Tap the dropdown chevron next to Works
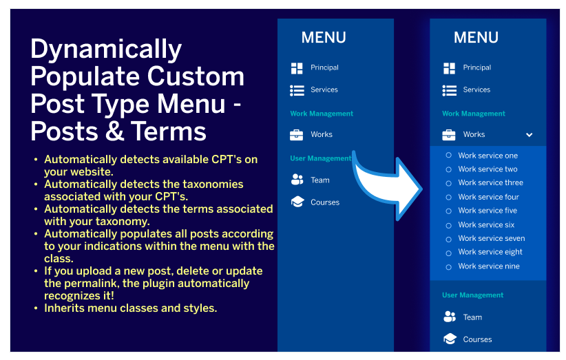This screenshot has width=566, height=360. coord(529,135)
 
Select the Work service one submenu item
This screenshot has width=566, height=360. coord(488,156)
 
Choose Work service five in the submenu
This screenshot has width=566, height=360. coord(488,211)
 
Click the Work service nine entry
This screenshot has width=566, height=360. coord(489,266)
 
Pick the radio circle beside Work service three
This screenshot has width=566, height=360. coord(449,183)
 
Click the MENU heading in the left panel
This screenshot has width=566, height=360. coord(324,38)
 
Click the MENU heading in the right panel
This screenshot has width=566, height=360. coord(476,38)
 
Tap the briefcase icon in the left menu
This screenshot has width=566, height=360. coord(297,135)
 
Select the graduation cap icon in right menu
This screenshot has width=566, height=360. coord(450,339)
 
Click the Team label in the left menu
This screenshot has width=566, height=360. coord(319,180)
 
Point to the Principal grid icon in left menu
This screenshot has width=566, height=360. coord(297,67)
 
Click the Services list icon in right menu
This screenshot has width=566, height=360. coord(450,90)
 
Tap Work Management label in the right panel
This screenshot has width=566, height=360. coord(474,114)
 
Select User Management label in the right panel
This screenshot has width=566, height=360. coord(472,295)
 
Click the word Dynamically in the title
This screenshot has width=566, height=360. coord(106,50)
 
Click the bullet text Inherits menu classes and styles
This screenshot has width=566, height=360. coord(130,308)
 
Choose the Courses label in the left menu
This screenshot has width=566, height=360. coord(325,202)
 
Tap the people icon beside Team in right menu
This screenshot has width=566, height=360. coord(450,317)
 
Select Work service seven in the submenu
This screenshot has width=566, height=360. coord(491,239)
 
